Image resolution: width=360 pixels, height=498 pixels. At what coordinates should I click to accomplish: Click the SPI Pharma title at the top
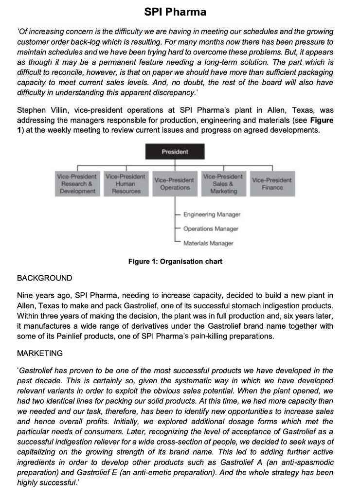[175, 12]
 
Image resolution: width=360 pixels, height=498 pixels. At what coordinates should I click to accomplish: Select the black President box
[175, 152]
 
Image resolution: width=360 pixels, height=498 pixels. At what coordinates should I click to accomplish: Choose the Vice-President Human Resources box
[126, 183]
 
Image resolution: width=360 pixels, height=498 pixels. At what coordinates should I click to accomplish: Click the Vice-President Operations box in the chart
[175, 184]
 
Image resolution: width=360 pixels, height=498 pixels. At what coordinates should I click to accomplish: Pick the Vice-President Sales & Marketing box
[223, 183]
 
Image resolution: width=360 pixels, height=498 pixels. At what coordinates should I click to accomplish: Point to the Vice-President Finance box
[272, 184]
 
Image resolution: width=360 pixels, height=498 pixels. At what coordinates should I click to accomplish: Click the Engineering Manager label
[212, 214]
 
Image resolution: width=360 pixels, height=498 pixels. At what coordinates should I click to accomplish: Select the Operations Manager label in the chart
[211, 229]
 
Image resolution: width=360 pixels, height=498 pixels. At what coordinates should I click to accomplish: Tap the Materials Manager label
[208, 243]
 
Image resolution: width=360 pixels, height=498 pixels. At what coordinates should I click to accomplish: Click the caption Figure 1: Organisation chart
[175, 262]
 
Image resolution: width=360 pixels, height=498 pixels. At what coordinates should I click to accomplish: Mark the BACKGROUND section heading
[44, 278]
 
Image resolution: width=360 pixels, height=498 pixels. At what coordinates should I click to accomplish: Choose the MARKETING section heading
[40, 353]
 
